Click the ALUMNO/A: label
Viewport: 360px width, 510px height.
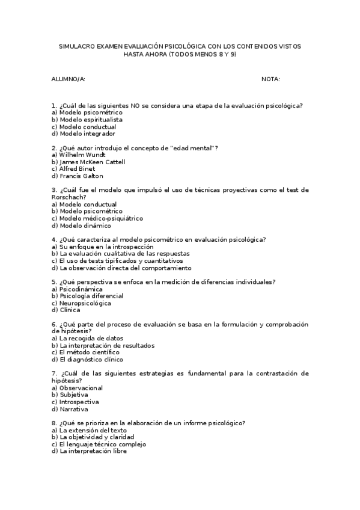click(x=69, y=79)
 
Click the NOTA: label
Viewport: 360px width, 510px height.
click(x=270, y=79)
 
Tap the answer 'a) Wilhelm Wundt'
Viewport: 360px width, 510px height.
click(x=79, y=155)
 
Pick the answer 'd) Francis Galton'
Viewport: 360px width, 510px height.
click(x=78, y=176)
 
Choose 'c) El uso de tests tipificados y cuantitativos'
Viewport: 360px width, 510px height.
click(x=117, y=261)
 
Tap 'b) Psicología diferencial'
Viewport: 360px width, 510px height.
click(x=88, y=296)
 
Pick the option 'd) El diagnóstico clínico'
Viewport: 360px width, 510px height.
click(x=87, y=360)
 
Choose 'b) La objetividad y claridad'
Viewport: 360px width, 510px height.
click(x=93, y=437)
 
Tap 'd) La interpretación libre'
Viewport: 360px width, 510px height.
click(x=89, y=451)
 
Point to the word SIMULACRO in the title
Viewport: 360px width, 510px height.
click(x=79, y=46)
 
